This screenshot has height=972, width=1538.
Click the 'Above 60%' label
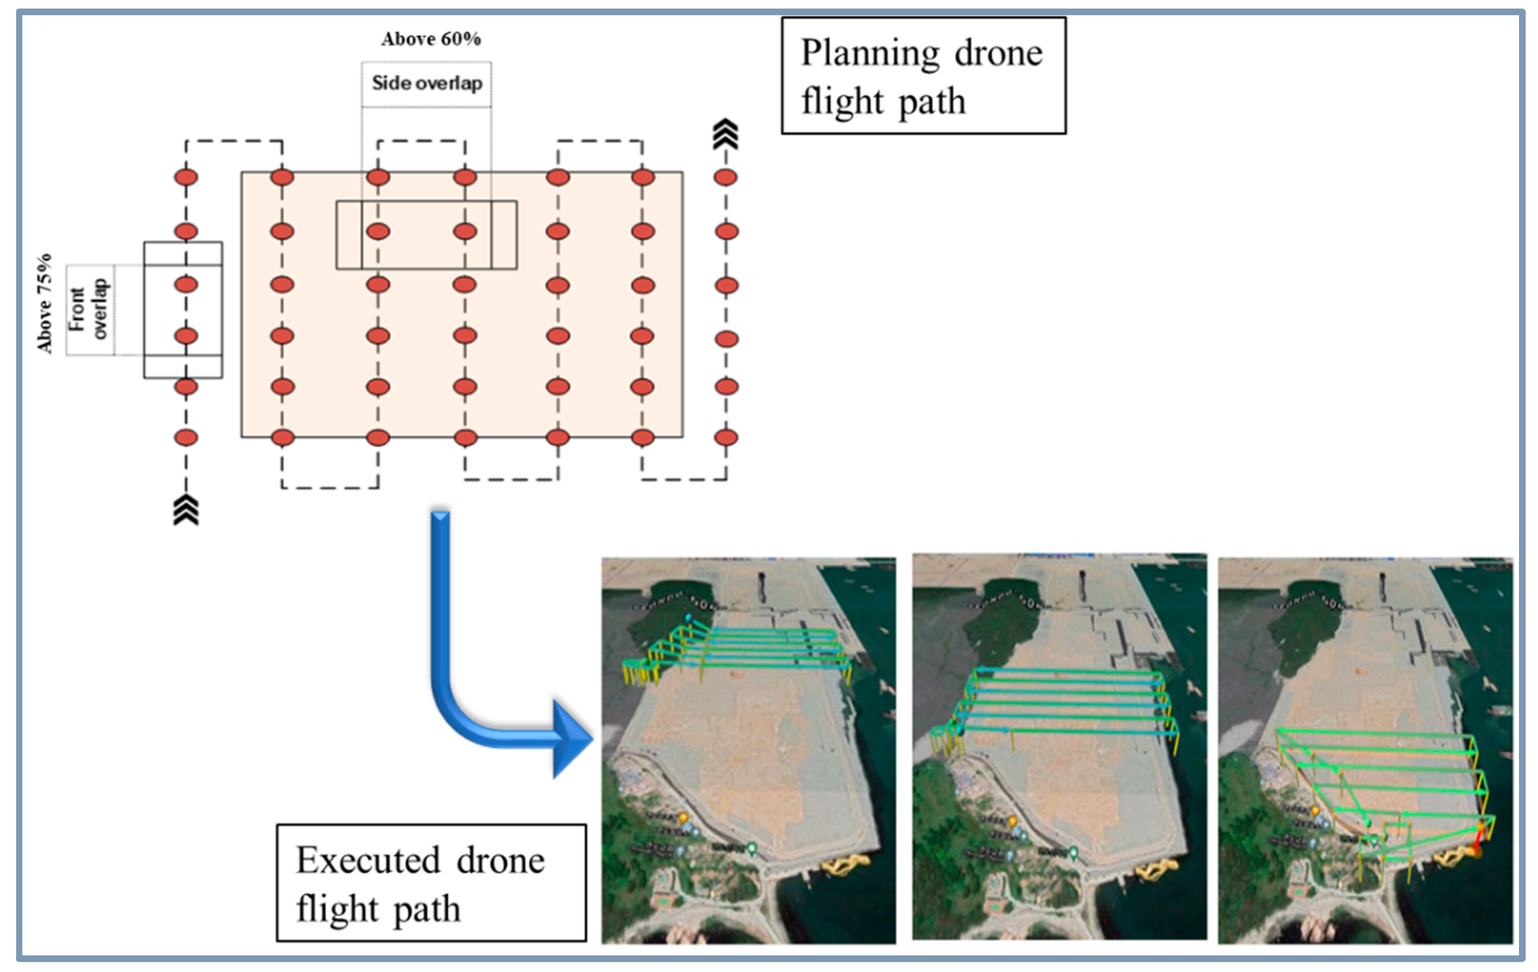pos(431,39)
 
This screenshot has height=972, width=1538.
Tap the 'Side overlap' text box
pos(427,83)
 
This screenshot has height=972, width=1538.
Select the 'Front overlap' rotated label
pos(89,309)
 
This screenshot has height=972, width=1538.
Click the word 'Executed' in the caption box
pos(368,860)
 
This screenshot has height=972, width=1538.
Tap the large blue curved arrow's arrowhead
pos(571,739)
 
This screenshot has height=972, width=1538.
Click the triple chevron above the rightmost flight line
pos(726,134)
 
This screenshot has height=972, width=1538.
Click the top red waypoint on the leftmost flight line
pos(186,178)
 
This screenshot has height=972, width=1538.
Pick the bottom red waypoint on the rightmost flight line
pos(726,437)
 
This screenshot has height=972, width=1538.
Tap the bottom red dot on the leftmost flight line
pos(186,437)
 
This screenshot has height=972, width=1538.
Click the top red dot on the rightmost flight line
pos(726,178)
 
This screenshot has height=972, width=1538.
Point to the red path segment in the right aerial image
pos(1478,837)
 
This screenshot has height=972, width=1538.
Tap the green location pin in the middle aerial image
pos(1073,852)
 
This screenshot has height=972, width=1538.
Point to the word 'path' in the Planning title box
pos(932,102)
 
